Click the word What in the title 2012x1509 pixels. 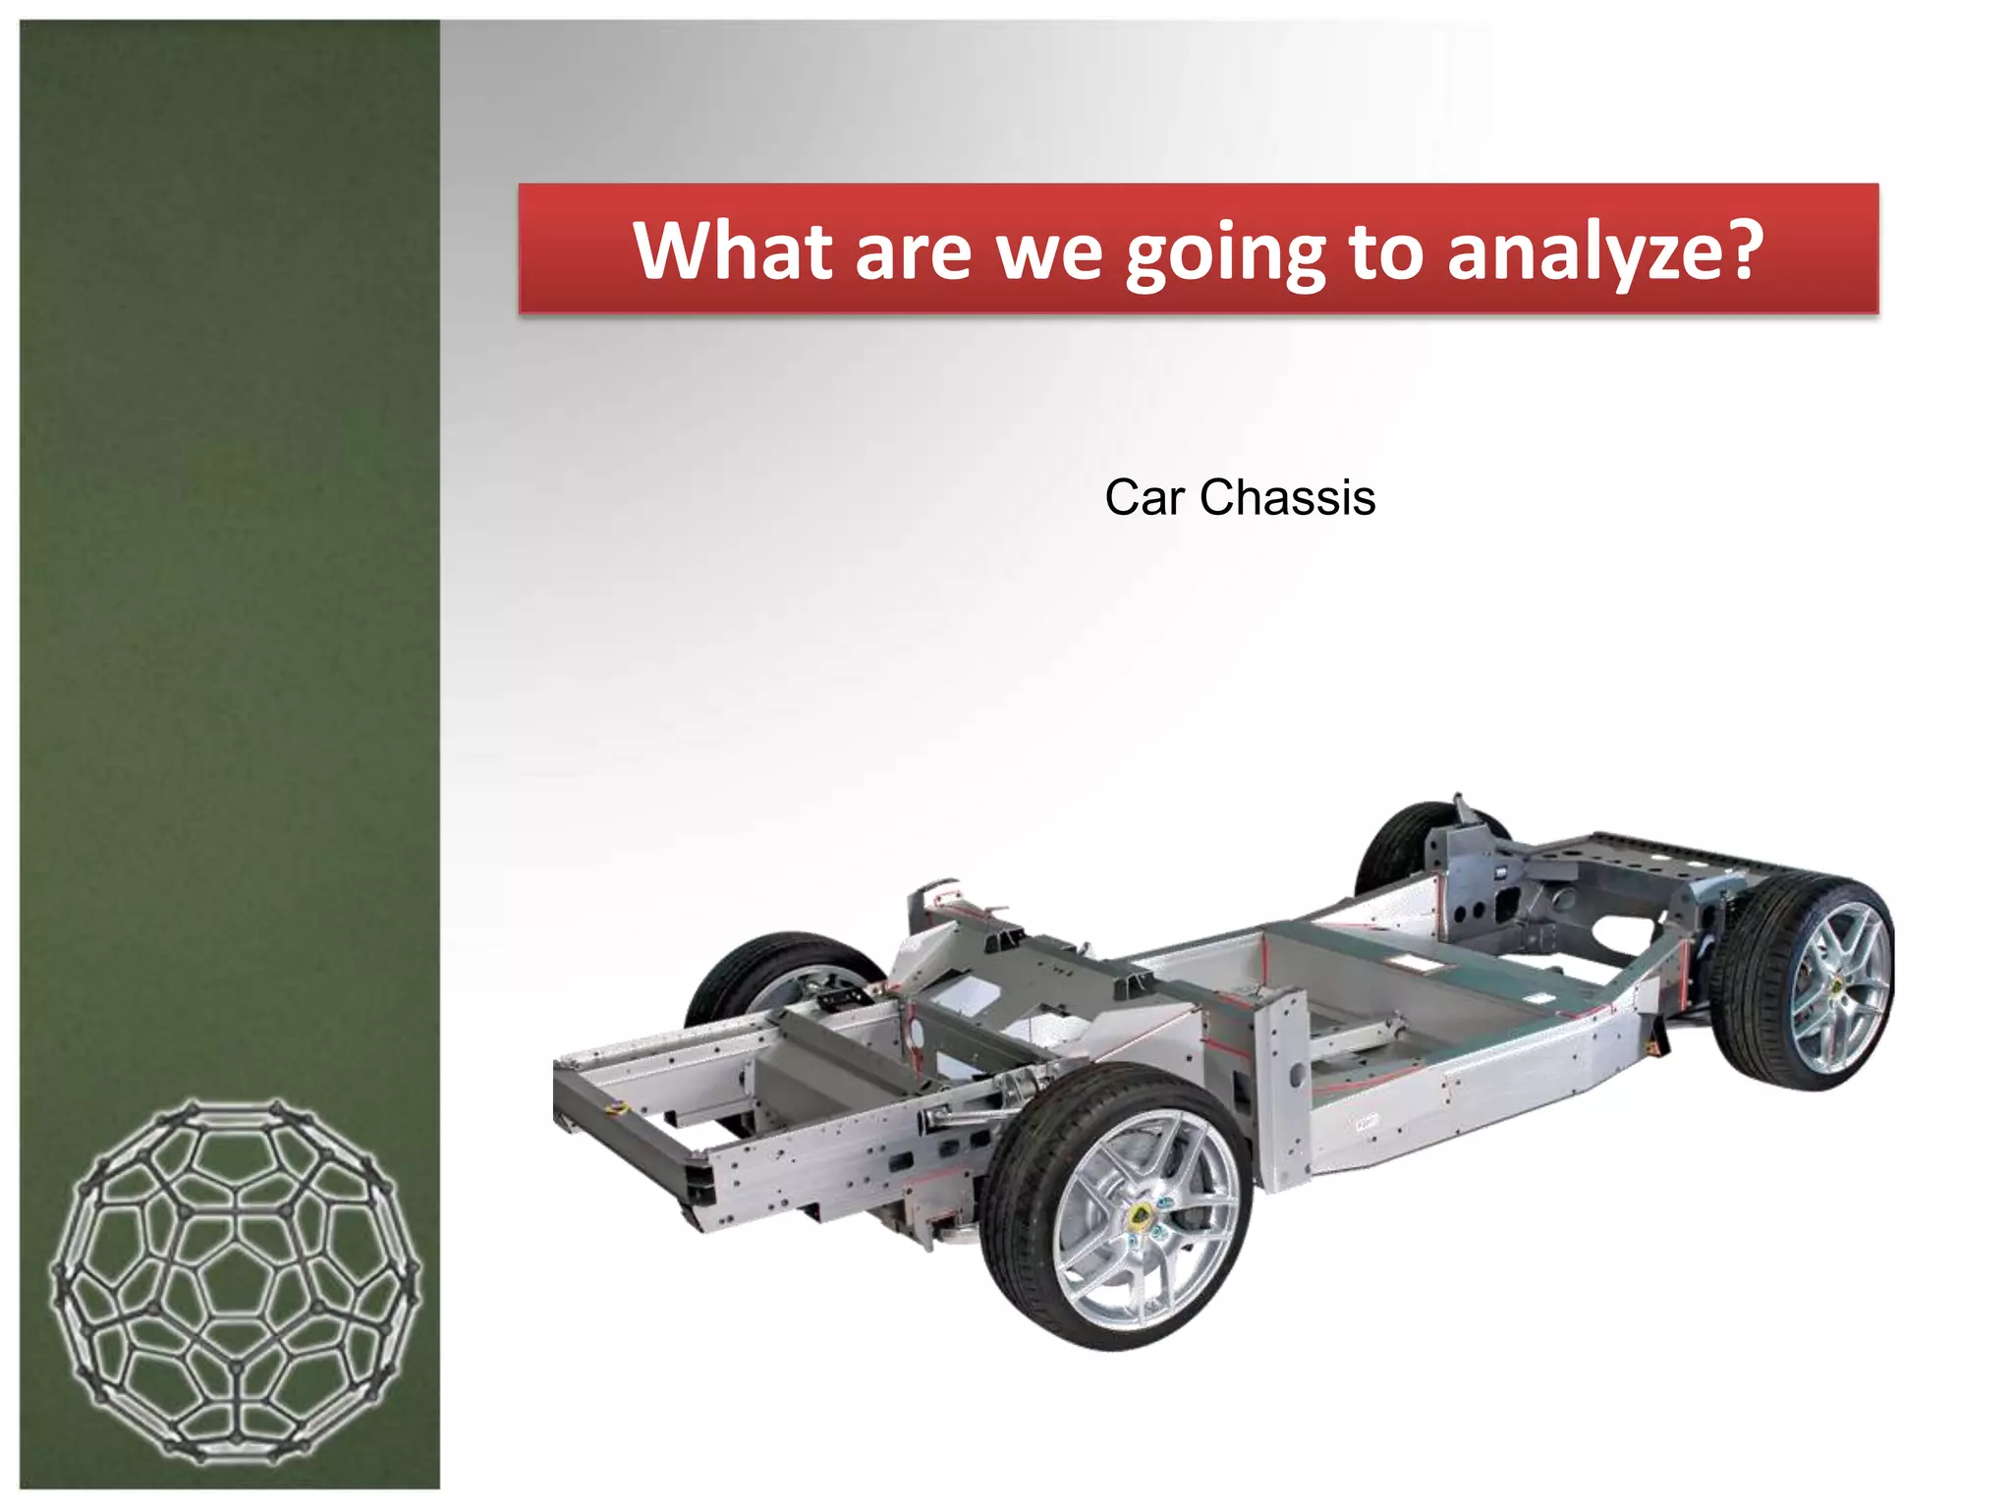click(731, 251)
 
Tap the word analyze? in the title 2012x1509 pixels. click(1604, 252)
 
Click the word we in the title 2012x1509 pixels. click(1049, 252)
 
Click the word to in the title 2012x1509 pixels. click(1385, 251)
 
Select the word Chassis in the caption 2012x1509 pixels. click(1287, 498)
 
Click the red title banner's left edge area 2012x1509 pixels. click(550, 249)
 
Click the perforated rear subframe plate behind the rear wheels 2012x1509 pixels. click(1660, 853)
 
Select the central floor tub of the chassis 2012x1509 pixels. click(1415, 992)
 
